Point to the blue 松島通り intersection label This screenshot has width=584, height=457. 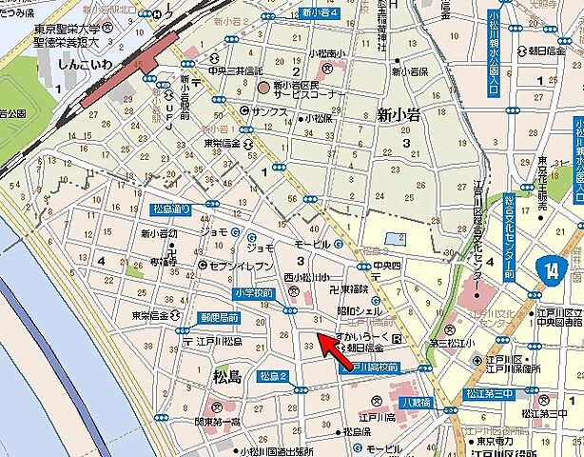pyautogui.click(x=172, y=209)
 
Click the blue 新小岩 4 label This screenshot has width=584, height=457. pyautogui.click(x=321, y=12)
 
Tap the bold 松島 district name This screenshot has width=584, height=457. pyautogui.click(x=228, y=377)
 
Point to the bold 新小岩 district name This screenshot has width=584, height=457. pyautogui.click(x=398, y=115)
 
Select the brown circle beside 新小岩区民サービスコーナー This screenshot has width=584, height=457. pyautogui.click(x=263, y=87)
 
